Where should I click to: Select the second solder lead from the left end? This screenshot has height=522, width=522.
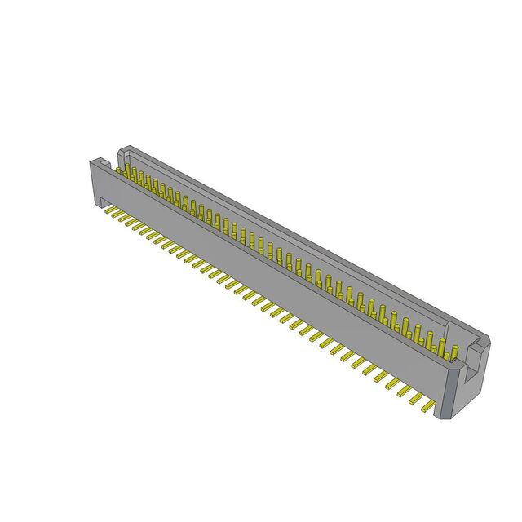pos(118,215)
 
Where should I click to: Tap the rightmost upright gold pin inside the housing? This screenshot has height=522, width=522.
pos(454,352)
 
